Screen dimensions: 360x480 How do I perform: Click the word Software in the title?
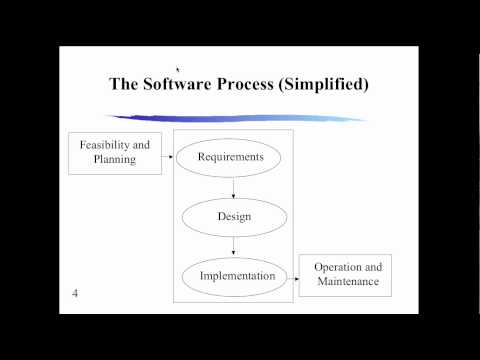pos(183,84)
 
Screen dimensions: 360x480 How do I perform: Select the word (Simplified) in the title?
pos(330,84)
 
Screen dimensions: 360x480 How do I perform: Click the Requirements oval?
pos(231,157)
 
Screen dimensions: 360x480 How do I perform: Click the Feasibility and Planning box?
pos(114,152)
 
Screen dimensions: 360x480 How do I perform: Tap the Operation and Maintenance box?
pos(345,275)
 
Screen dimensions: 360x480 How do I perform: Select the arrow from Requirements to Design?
pos(231,186)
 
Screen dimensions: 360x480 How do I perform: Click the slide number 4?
pos(76,293)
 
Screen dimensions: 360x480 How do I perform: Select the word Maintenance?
pos(346,283)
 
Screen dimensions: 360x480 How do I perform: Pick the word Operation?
pos(337,268)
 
